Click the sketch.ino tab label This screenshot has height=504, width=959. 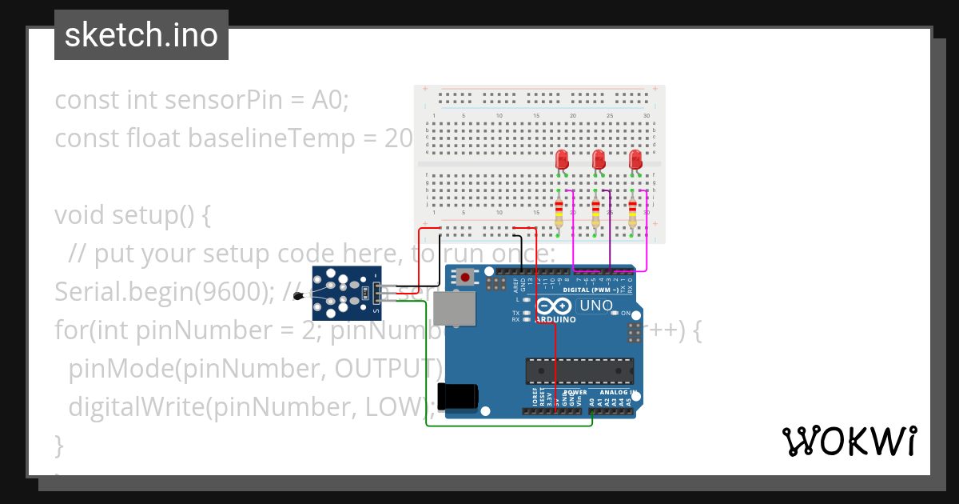pos(141,35)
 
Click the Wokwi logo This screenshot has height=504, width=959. pos(849,442)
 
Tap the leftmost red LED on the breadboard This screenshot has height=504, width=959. pos(561,159)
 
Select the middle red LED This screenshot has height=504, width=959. pos(598,159)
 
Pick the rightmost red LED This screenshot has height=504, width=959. pos(635,159)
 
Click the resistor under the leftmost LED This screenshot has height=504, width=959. pos(559,214)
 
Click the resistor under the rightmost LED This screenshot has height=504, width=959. pos(632,214)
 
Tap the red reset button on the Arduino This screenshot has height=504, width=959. pos(464,278)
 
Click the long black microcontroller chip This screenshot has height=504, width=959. pos(579,370)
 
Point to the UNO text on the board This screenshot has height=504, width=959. pos(595,306)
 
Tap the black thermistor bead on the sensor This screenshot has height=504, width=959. pos(299,296)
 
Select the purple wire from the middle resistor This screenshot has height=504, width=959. pos(611,232)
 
